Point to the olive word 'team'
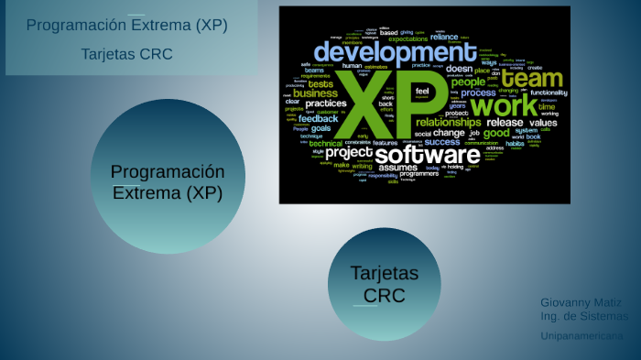click(x=531, y=78)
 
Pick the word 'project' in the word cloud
click(x=348, y=152)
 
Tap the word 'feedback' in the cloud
click(x=318, y=118)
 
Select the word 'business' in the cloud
click(x=315, y=93)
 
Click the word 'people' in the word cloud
click(x=468, y=82)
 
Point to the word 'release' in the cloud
click(x=505, y=122)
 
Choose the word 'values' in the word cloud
click(x=543, y=122)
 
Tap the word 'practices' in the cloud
click(x=326, y=104)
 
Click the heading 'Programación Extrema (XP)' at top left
click(x=126, y=25)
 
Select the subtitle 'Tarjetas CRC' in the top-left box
click(x=126, y=54)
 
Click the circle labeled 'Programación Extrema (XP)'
click(x=167, y=181)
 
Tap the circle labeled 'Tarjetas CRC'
click(x=384, y=284)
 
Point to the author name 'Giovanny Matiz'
click(x=581, y=302)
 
